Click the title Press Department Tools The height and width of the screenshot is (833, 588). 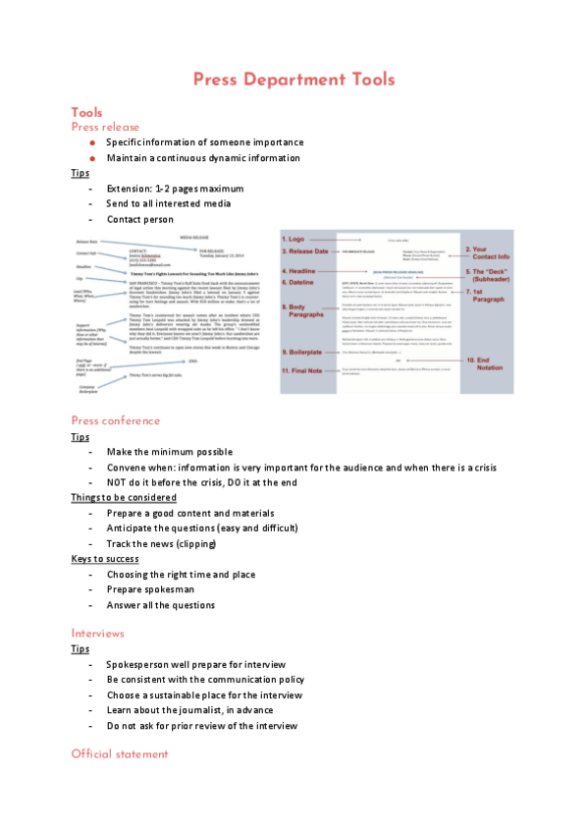pos(294,80)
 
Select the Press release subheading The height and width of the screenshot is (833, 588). pos(105,127)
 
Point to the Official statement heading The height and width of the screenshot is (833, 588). pos(119,754)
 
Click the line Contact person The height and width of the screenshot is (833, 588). pos(139,219)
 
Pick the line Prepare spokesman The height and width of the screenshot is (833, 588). pos(151,589)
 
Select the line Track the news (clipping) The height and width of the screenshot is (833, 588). pos(161,543)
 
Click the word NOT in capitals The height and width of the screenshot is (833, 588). pos(119,482)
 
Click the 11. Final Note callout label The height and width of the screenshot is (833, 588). pos(309,370)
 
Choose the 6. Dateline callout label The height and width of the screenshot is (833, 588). pos(302,283)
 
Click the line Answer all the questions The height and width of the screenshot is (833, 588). pos(160,605)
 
